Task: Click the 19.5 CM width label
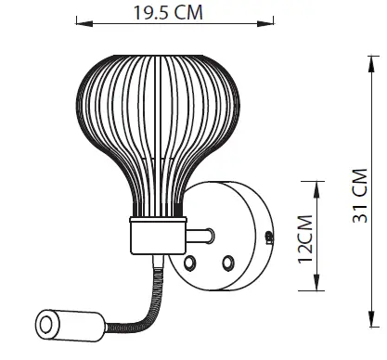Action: coord(167,13)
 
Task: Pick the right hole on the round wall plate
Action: coord(226,264)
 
